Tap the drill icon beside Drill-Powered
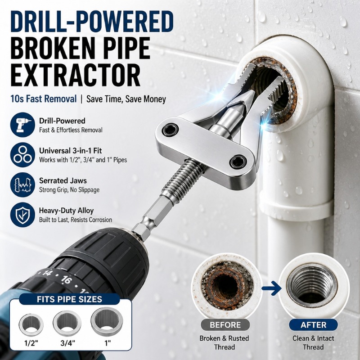(x=22, y=125)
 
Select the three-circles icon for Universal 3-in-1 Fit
(x=22, y=154)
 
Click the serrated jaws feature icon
(x=22, y=184)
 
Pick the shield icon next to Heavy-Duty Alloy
(x=22, y=215)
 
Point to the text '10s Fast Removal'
(x=43, y=99)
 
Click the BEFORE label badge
(x=225, y=325)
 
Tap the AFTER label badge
(x=313, y=325)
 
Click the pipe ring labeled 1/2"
(x=31, y=324)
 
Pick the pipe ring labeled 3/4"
(x=67, y=322)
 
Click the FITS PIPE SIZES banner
(x=69, y=299)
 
